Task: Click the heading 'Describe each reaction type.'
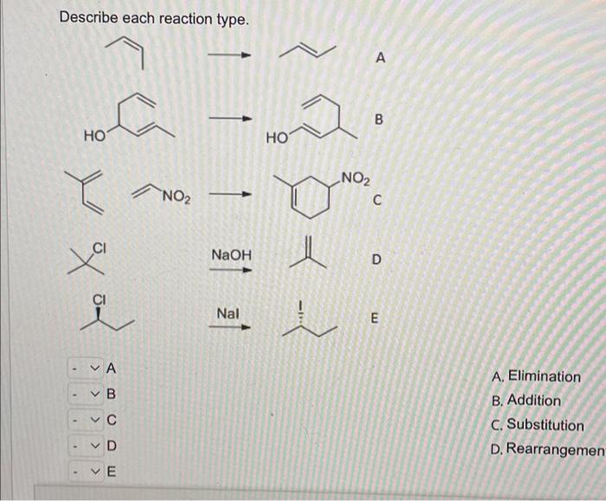tap(153, 18)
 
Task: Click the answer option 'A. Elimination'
tap(535, 376)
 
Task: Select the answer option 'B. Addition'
tap(525, 401)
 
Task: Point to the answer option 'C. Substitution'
tap(537, 425)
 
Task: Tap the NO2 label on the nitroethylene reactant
tap(175, 196)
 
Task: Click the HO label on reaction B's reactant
tap(94, 136)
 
